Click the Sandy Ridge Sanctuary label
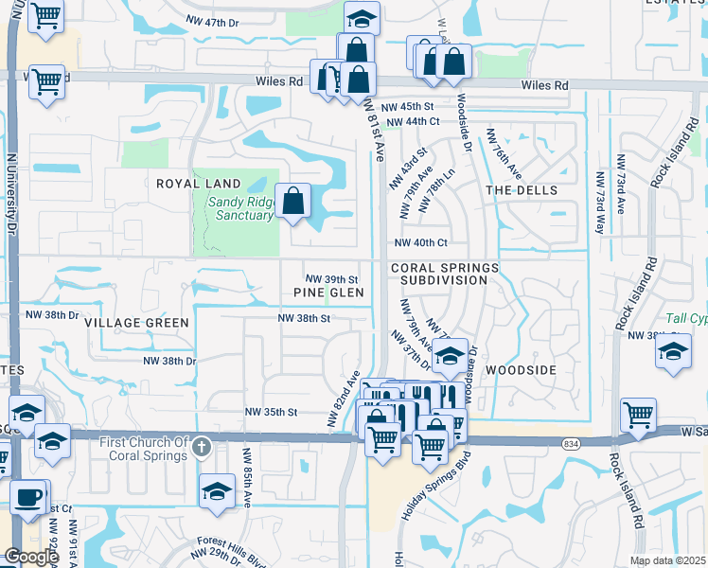(236, 206)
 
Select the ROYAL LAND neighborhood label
(199, 184)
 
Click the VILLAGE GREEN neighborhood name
(136, 323)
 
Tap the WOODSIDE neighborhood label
(521, 370)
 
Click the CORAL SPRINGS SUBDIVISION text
(443, 275)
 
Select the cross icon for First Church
(201, 445)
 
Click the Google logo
(30, 557)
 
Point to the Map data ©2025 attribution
(667, 560)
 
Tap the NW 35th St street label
(272, 413)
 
